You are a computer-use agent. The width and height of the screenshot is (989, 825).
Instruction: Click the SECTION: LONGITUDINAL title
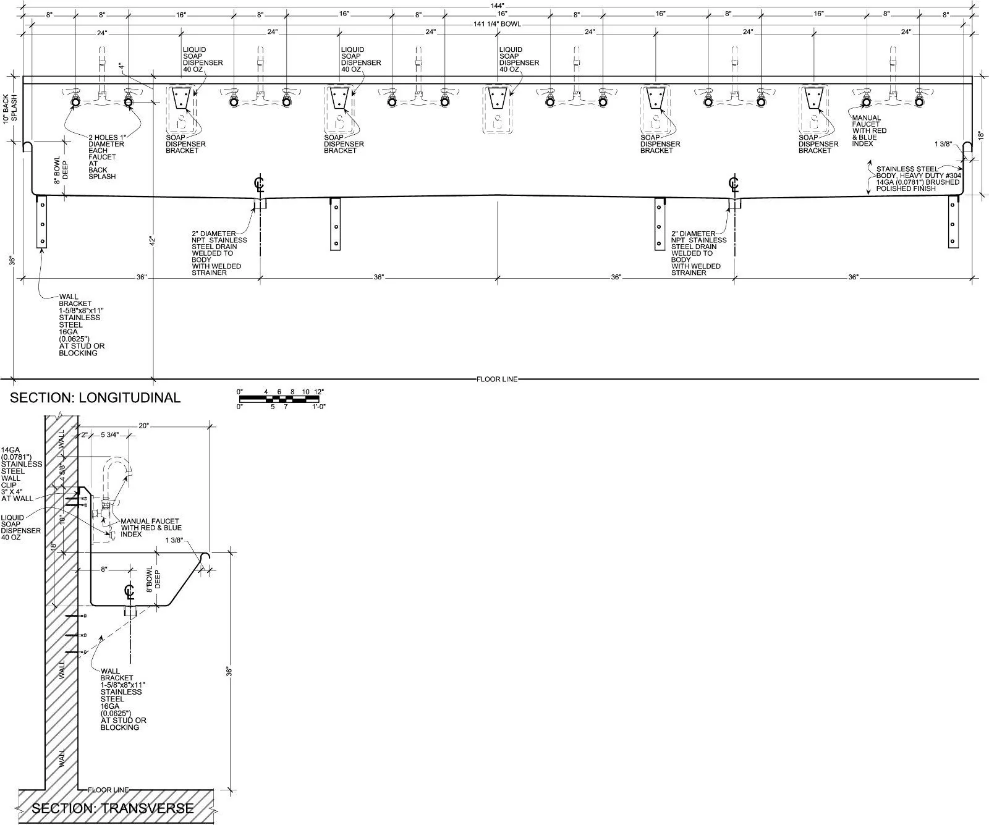pyautogui.click(x=95, y=397)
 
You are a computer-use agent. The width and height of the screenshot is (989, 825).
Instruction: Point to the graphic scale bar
pyautogui.click(x=279, y=399)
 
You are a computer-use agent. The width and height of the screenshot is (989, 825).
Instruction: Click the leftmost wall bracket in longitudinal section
pyautogui.click(x=42, y=222)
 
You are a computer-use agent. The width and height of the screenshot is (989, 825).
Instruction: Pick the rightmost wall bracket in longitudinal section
pyautogui.click(x=953, y=222)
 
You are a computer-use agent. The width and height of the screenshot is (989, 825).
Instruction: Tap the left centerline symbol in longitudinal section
pyautogui.click(x=260, y=184)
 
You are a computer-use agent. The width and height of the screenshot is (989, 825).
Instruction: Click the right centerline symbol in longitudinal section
pyautogui.click(x=734, y=184)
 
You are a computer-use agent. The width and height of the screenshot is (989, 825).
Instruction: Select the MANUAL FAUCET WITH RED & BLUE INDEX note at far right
pyautogui.click(x=869, y=130)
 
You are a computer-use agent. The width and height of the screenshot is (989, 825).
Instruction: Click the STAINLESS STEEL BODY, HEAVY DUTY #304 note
pyautogui.click(x=917, y=178)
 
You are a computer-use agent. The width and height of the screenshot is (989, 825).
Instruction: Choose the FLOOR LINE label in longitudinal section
pyautogui.click(x=496, y=379)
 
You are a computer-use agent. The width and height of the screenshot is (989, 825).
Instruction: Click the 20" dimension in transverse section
pyautogui.click(x=145, y=425)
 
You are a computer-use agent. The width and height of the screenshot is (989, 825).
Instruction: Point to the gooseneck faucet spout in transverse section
pyautogui.click(x=117, y=466)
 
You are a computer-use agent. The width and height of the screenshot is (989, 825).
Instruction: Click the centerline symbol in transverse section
pyautogui.click(x=129, y=591)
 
